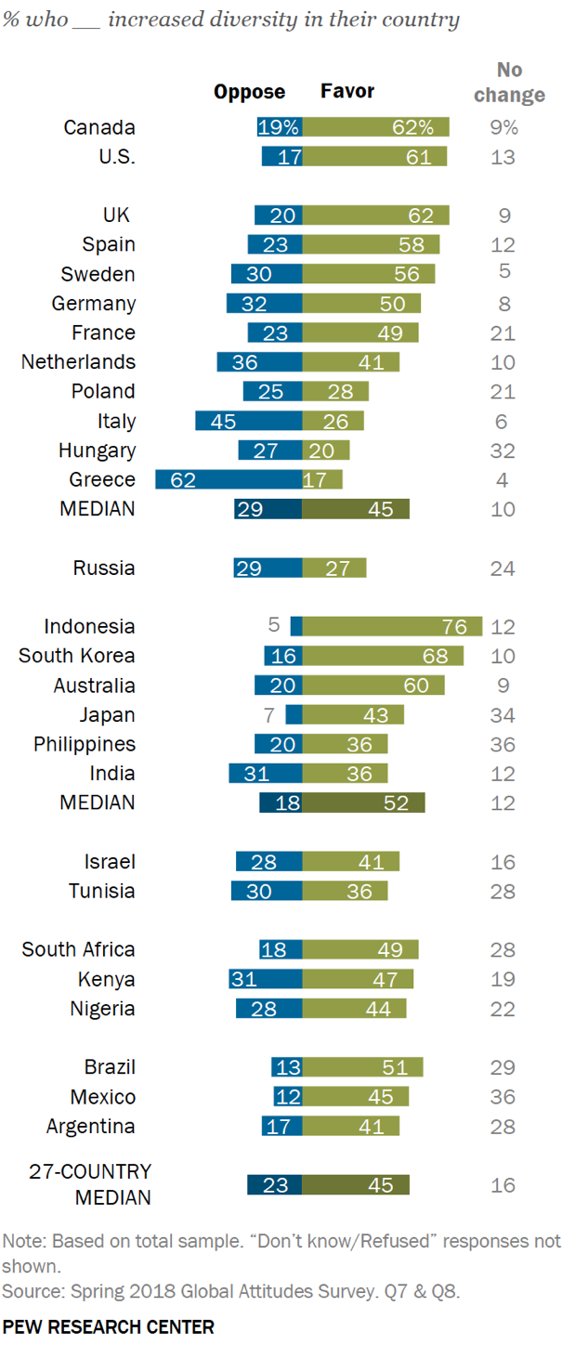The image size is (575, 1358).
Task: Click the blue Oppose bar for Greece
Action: point(228,479)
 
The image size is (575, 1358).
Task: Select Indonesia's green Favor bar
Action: point(392,626)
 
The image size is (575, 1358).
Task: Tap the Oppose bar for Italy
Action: point(248,421)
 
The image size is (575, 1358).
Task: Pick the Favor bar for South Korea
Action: point(382,656)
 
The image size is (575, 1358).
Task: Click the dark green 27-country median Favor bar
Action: point(356,1184)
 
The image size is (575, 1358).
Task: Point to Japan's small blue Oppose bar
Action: point(294,714)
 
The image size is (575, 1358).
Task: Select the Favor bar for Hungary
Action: point(326,450)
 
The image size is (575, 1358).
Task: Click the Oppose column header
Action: point(249,91)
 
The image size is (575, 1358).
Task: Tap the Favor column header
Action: point(347,91)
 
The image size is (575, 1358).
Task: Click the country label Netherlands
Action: point(78,361)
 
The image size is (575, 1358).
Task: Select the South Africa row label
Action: point(78,949)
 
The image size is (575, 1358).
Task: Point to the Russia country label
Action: point(104,568)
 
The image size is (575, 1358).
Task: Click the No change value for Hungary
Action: point(503,450)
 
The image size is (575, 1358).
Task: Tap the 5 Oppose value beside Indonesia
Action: point(274,625)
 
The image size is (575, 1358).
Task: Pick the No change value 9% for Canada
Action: point(503,127)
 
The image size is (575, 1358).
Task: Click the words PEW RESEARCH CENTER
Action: point(108,1326)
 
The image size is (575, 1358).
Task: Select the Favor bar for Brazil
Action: point(362,1067)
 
